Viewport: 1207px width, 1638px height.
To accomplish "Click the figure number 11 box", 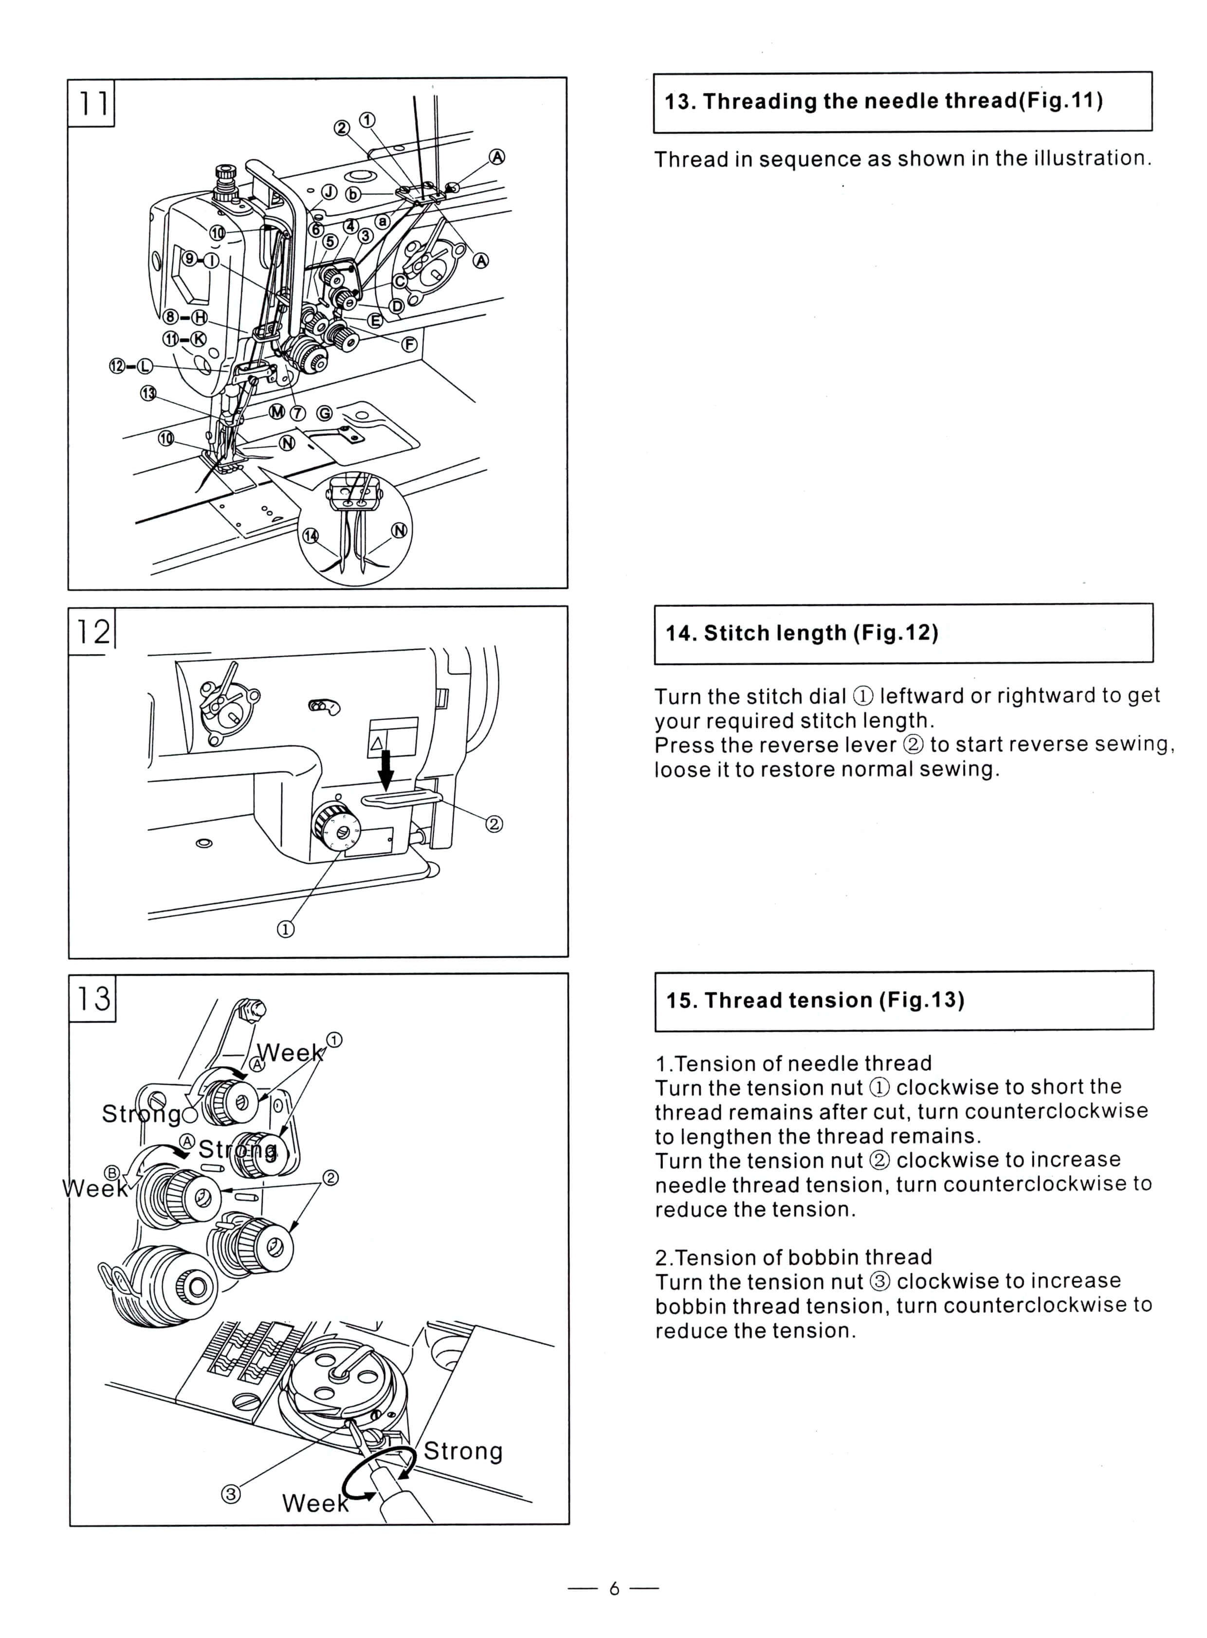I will coord(91,102).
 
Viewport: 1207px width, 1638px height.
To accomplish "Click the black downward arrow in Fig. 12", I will coord(386,770).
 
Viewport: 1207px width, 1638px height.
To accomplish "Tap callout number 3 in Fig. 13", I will coord(230,1494).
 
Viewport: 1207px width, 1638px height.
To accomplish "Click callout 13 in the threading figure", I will coord(148,393).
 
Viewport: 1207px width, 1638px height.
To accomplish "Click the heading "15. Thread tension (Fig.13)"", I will coord(815,1000).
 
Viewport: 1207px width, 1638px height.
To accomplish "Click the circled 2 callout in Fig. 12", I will coord(494,824).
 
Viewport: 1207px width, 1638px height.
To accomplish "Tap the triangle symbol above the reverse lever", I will coord(377,744).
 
